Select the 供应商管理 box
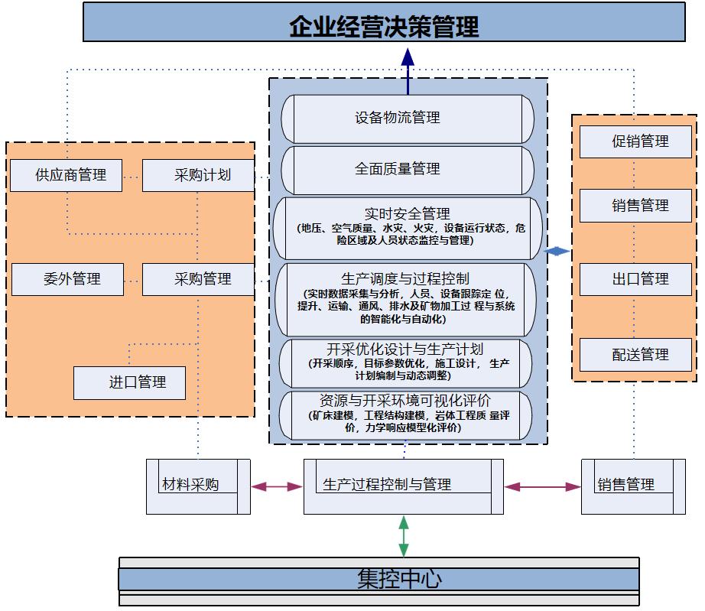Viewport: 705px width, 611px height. [x=70, y=175]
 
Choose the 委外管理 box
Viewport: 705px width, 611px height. [x=70, y=278]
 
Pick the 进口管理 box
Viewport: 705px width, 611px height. [x=130, y=382]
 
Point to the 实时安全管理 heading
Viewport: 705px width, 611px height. [x=408, y=213]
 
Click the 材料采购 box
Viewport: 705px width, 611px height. [x=192, y=485]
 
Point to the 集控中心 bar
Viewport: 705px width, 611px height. [x=379, y=579]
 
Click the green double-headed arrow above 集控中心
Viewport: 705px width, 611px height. [x=404, y=536]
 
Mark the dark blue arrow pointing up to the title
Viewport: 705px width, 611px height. [x=408, y=65]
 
